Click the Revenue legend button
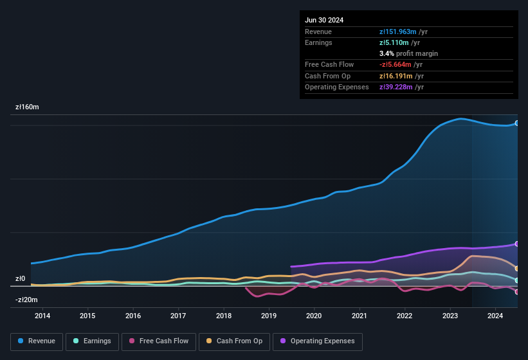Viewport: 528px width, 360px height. coord(37,341)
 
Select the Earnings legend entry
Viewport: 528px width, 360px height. coord(92,341)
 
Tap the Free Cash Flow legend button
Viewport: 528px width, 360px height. coord(159,341)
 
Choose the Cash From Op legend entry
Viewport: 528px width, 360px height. coord(234,341)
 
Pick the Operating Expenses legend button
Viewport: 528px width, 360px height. coord(318,341)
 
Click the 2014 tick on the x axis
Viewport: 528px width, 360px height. coord(42,316)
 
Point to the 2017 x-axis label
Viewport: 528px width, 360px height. coord(178,316)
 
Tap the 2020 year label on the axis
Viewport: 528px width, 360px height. coord(314,316)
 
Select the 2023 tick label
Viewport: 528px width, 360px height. coord(450,316)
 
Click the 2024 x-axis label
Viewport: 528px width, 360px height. coord(495,316)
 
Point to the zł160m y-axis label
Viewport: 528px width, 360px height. coord(28,107)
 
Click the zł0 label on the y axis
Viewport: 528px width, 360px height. coord(21,279)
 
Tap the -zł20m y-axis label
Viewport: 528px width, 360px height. coord(27,300)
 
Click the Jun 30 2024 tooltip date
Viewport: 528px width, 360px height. coord(324,20)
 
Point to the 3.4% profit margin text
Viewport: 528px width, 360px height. coord(408,53)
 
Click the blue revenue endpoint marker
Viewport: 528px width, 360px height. coord(516,123)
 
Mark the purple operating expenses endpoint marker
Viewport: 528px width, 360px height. coord(516,244)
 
